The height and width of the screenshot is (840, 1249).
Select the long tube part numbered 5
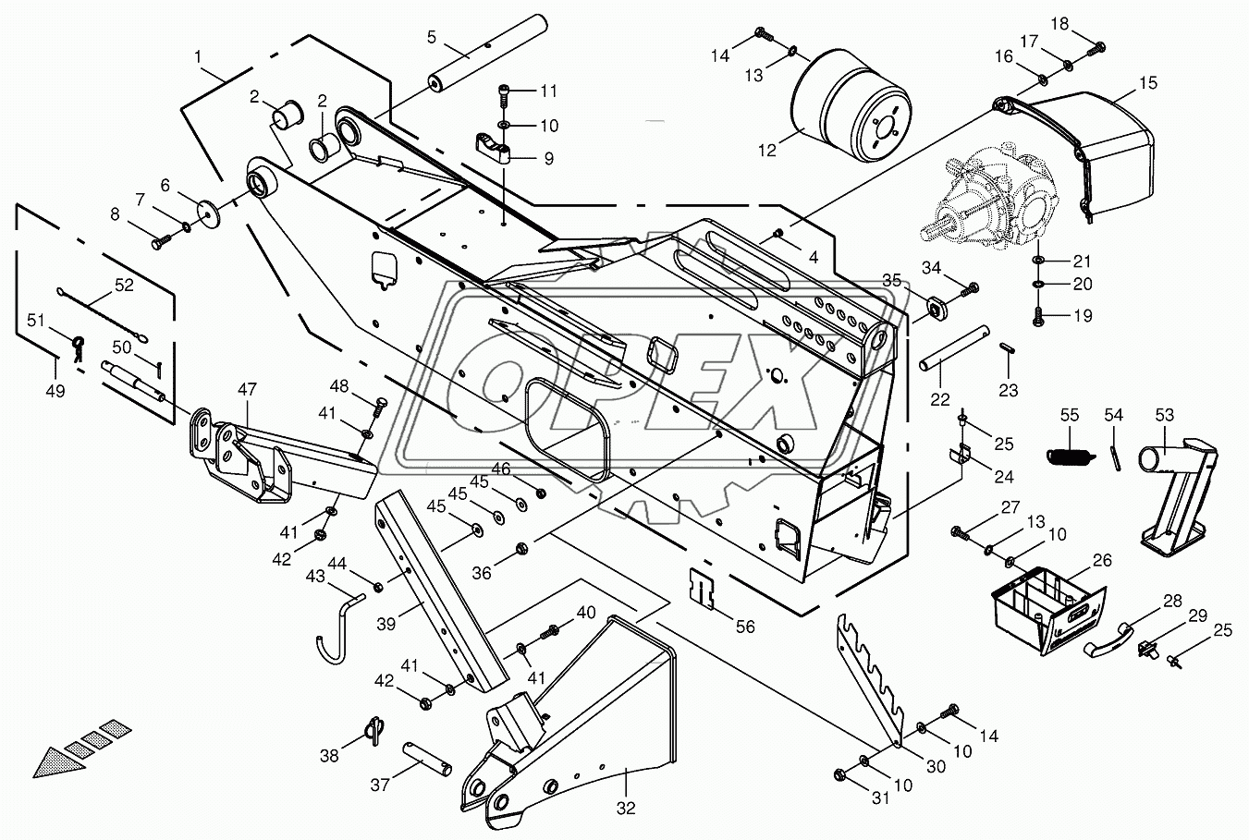(486, 57)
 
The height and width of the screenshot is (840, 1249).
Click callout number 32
(627, 809)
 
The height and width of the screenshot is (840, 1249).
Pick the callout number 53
(1164, 417)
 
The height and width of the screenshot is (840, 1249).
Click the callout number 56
(745, 627)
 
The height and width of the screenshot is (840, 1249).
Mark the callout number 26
(1101, 561)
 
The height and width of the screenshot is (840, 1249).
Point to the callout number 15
(1147, 83)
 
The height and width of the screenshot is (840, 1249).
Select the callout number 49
(55, 390)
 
